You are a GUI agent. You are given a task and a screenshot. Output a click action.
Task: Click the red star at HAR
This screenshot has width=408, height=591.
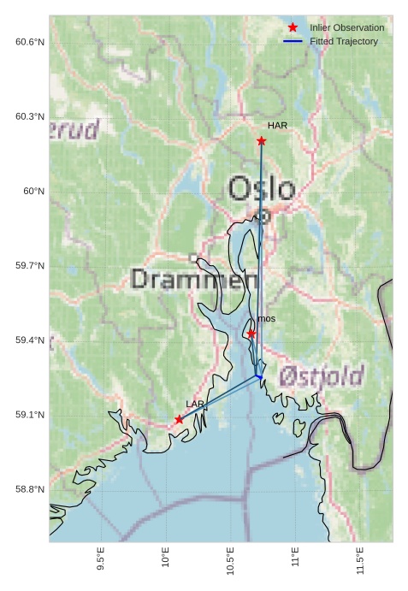[262, 140]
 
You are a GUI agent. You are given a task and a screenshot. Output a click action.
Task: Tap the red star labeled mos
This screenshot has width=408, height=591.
[251, 334]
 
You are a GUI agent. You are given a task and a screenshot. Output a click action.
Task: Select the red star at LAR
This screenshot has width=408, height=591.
[179, 419]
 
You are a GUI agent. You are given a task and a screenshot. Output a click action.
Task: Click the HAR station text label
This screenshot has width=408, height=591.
[277, 126]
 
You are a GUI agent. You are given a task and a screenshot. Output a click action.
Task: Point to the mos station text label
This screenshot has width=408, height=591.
[266, 319]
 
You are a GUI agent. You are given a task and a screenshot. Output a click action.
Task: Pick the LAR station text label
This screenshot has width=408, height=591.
[195, 404]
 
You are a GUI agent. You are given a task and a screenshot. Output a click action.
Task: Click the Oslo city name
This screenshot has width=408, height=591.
[262, 189]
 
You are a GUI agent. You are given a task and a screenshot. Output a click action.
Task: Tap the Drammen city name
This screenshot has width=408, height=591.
[194, 279]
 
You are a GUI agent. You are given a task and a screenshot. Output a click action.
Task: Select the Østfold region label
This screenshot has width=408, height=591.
[322, 375]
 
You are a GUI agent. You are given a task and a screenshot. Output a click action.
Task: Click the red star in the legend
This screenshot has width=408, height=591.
[293, 27]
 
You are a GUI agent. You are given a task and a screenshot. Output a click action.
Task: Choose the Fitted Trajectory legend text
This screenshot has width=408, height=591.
[344, 41]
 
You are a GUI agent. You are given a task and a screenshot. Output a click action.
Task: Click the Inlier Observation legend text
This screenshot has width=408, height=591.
[347, 27]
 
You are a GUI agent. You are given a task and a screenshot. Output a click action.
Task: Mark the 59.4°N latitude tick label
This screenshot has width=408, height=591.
[30, 340]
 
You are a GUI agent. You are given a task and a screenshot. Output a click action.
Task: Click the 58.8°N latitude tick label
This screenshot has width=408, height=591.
[30, 489]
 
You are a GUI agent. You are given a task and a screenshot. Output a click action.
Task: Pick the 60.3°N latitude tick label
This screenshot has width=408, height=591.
[30, 116]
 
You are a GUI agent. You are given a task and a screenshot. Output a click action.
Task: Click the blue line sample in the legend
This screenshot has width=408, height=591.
[293, 41]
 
